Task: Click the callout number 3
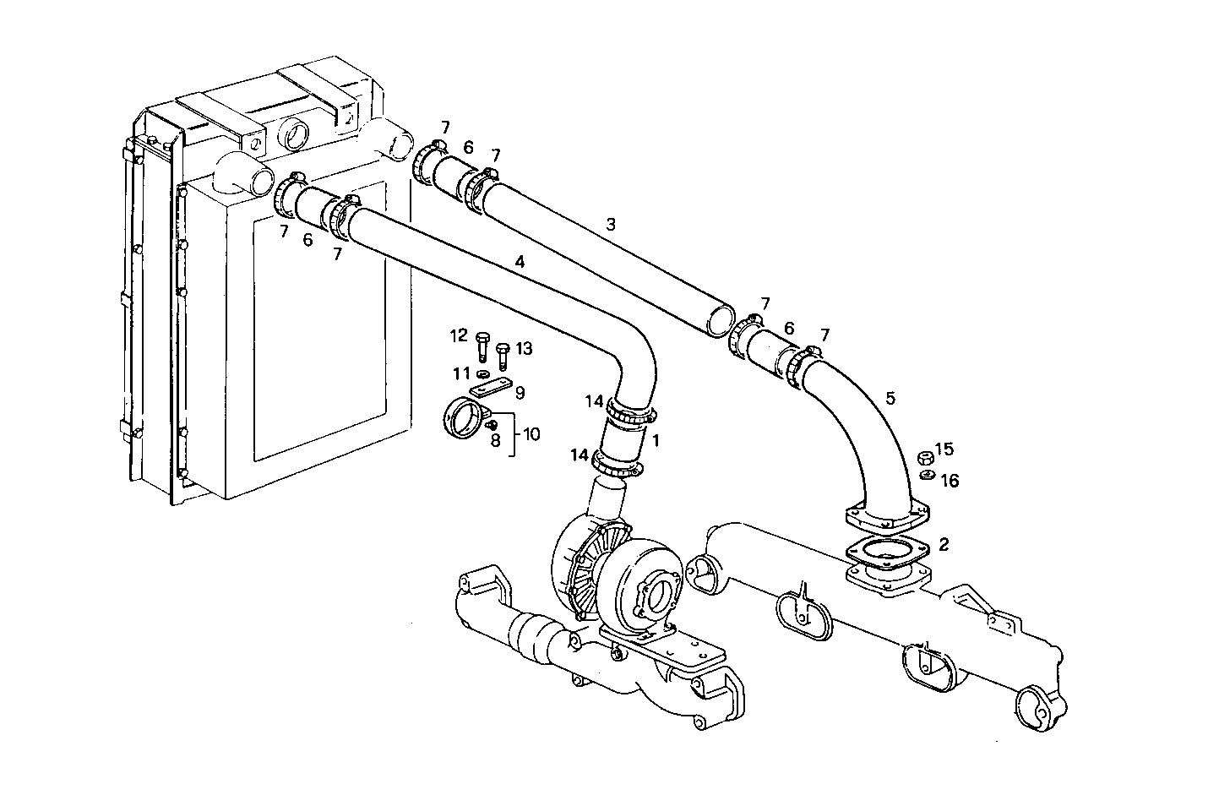[x=611, y=225]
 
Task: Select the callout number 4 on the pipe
[x=520, y=263]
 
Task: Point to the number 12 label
[x=459, y=336]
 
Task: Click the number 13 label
[x=524, y=348]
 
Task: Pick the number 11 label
[x=460, y=373]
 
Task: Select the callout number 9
[x=520, y=392]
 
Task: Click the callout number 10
[x=531, y=434]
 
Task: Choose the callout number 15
[x=944, y=449]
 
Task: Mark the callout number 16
[x=950, y=481]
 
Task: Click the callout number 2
[x=944, y=545]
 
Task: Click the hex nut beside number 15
[x=925, y=458]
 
